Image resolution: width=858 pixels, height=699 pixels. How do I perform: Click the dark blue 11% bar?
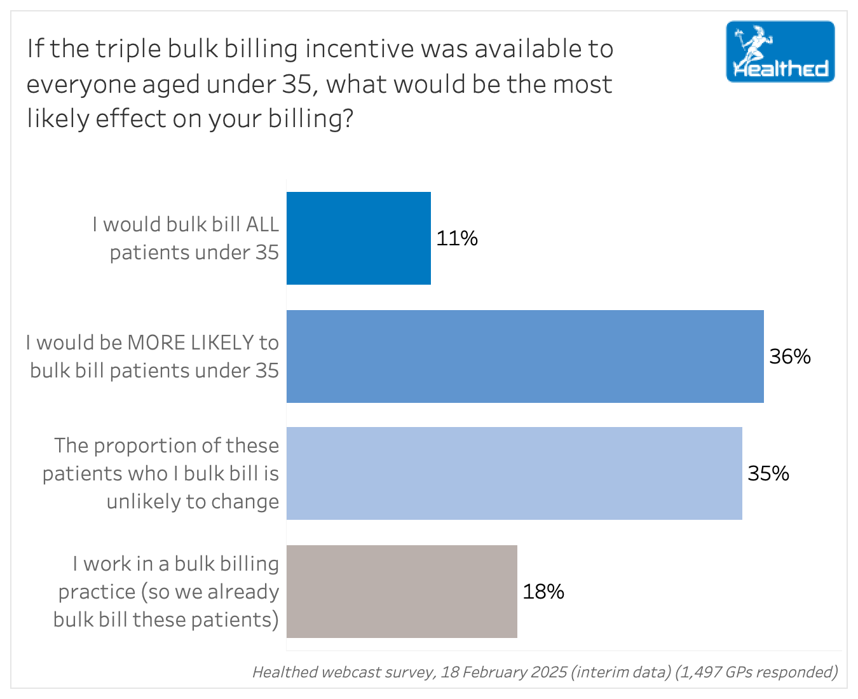[358, 238]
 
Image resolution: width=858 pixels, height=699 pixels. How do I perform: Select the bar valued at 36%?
[525, 356]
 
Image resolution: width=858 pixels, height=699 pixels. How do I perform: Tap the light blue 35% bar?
[514, 473]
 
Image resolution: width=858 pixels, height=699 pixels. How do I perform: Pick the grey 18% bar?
[402, 592]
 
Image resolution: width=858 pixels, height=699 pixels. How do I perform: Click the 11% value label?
[457, 238]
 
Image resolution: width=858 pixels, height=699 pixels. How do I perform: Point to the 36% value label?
[790, 356]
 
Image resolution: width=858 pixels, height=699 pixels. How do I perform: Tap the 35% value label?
[768, 473]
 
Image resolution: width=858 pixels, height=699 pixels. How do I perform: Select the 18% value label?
[543, 592]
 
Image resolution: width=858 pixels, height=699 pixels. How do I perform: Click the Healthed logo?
[780, 52]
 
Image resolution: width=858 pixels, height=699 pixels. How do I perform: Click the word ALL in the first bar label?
[262, 224]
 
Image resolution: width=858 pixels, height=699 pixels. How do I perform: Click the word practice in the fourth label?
[97, 592]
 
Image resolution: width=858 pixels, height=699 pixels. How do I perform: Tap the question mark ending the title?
[347, 119]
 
